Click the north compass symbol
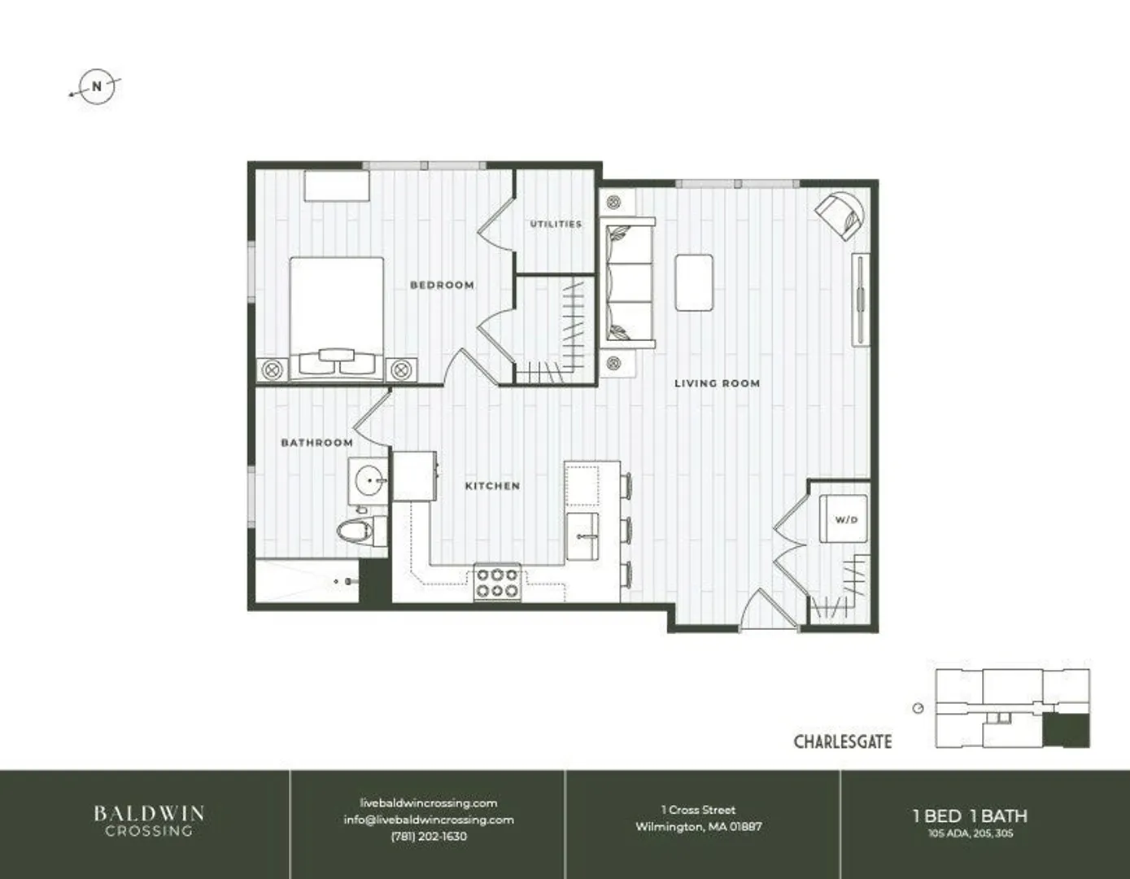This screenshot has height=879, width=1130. point(96,86)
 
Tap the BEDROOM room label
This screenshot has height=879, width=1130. point(442,285)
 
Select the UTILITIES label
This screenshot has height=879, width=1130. point(556,224)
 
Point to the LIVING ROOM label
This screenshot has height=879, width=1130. point(717,383)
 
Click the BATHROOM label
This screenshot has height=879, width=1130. point(316,443)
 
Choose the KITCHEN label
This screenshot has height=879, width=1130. point(492,486)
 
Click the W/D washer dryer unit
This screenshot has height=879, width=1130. point(844,518)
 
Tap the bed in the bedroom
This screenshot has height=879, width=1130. point(337,318)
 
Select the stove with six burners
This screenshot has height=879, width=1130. point(497,583)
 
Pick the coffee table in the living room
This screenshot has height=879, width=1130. point(694,282)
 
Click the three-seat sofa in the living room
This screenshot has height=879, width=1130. point(627,283)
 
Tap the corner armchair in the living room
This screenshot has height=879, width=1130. point(840,216)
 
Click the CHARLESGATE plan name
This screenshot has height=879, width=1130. point(843,741)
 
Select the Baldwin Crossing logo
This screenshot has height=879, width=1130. point(149,820)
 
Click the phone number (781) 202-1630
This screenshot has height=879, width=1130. point(429,837)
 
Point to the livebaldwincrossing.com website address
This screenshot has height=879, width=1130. point(429,803)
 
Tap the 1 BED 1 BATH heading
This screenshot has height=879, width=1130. point(970,816)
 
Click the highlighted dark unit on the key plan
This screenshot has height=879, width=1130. point(1066,730)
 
